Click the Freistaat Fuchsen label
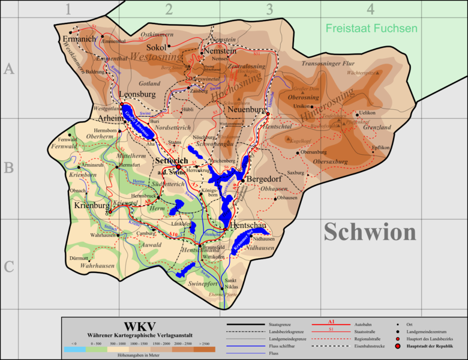pos(371,28)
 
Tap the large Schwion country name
pos(370,233)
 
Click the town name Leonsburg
pos(137,94)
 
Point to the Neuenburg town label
pos(247,110)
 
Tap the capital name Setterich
pos(172,161)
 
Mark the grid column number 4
pos(371,9)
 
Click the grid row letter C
pos(8,266)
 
